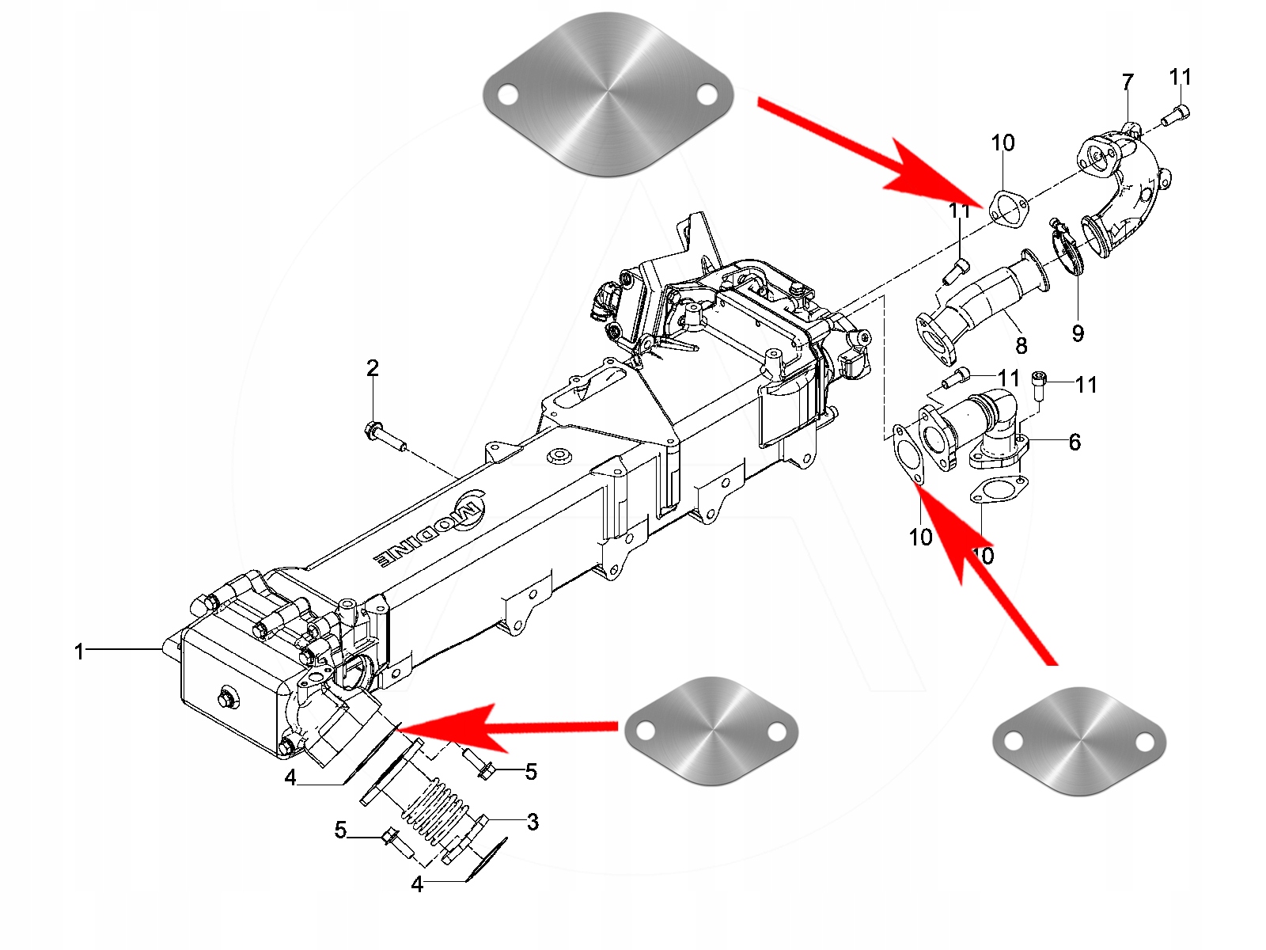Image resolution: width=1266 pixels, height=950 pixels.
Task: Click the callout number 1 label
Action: pos(79,652)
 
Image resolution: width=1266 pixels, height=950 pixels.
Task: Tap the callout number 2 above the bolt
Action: pos(372,368)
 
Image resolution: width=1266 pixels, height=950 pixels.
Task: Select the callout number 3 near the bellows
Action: pos(533,822)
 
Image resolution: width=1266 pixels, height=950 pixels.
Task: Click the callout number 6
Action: pos(1074,442)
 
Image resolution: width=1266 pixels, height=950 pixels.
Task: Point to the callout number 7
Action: pos(1128,82)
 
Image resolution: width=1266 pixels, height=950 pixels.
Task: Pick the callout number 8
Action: pos(1021,345)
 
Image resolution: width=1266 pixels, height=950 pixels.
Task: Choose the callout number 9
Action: pos(1078,333)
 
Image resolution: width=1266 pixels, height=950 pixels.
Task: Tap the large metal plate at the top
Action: pos(607,93)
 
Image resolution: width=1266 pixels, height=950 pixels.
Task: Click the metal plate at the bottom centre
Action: pos(711,731)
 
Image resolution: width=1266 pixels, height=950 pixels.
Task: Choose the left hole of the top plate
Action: pos(506,95)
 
